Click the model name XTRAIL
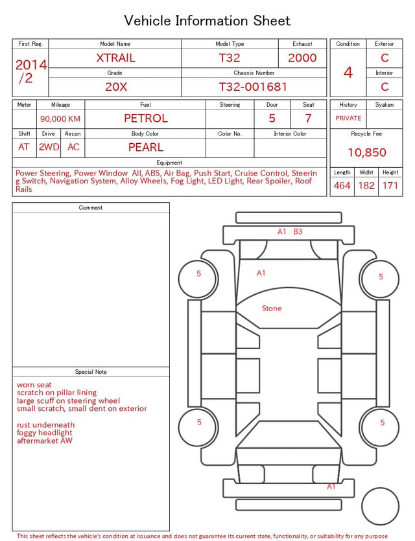click(x=115, y=58)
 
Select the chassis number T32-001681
click(x=253, y=87)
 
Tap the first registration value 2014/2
click(x=30, y=71)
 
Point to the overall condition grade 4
click(x=348, y=73)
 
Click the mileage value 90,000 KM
click(x=60, y=119)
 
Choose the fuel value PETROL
click(x=146, y=119)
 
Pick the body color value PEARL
click(x=146, y=147)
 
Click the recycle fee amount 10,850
click(x=366, y=152)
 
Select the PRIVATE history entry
click(x=348, y=119)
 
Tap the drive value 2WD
click(x=49, y=147)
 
